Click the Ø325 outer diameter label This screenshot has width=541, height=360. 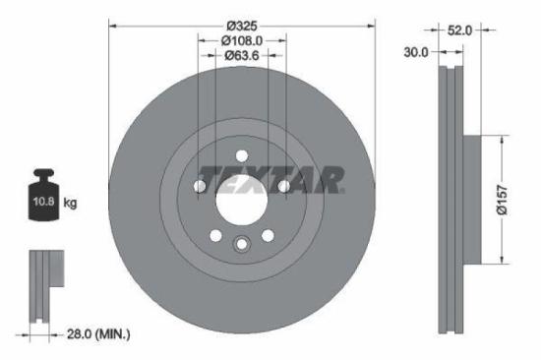(242, 24)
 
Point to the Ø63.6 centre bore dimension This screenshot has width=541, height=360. (242, 56)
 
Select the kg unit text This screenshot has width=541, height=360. (71, 203)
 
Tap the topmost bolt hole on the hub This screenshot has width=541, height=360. (242, 153)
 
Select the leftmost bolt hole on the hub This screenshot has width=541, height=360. (200, 186)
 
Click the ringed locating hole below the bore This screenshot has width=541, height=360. (242, 246)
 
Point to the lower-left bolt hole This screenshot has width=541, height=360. (215, 235)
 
